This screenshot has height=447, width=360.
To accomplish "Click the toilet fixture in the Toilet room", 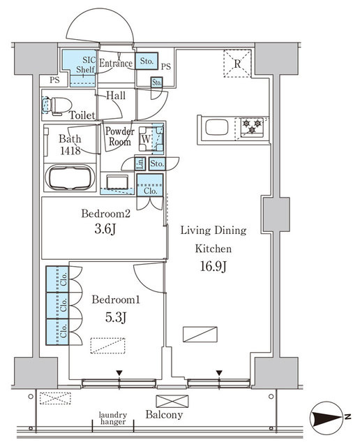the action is [57, 105].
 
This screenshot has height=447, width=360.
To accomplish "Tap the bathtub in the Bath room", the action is [70, 177].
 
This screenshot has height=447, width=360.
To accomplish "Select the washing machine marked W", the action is [146, 139].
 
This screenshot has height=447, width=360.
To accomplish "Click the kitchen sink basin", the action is [216, 127].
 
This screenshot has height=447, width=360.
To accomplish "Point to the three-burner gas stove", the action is [252, 126].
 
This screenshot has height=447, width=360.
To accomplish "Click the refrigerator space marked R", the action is [237, 64].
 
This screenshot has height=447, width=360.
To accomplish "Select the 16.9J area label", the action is [213, 267].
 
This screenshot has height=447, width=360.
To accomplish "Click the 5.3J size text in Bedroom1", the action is [116, 318].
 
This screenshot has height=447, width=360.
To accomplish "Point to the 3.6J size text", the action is [105, 229].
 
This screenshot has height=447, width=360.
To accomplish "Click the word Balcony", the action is [164, 415].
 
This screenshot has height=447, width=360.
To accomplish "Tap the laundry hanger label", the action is [113, 418].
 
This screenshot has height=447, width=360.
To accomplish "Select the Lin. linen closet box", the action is [140, 164].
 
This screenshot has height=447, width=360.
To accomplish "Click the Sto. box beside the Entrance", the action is [147, 61].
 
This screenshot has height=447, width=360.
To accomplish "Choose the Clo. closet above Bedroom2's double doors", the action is [150, 185].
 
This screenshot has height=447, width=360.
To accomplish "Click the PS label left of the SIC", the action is [54, 80].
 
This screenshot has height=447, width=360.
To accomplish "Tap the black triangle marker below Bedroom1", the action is [119, 373].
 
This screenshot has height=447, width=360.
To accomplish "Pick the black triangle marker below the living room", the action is [219, 373].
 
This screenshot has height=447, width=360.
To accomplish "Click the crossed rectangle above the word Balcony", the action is [172, 402].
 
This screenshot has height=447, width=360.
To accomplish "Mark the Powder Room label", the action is [120, 136].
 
